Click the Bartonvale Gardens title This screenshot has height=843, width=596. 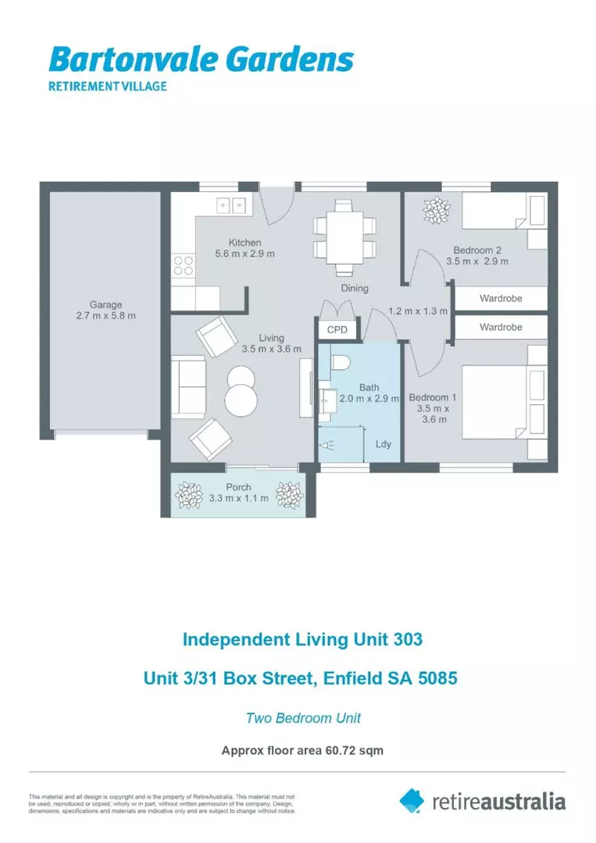point(201,59)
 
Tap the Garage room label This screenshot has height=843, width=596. point(105,310)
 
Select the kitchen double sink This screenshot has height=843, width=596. point(231,205)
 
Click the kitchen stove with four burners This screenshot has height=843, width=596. point(184,266)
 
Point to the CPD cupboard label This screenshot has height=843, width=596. point(337,330)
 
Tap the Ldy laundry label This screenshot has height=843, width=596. point(384,444)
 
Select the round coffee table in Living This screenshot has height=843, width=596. point(241,389)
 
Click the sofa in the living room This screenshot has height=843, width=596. point(187,386)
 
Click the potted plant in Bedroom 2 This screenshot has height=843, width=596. point(436,209)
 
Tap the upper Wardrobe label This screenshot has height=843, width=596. point(501,298)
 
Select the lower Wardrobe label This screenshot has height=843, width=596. point(501,327)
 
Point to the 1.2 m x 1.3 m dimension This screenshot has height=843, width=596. point(418,311)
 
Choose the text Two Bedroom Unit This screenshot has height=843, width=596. point(303,718)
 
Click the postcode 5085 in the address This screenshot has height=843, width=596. point(437,679)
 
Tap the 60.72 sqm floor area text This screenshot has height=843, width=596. point(351,751)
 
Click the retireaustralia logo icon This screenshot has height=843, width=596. point(412,800)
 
